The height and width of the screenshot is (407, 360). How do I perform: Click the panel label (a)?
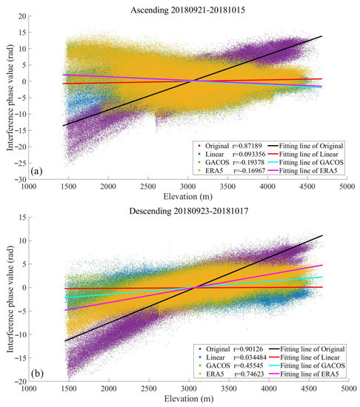39,170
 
